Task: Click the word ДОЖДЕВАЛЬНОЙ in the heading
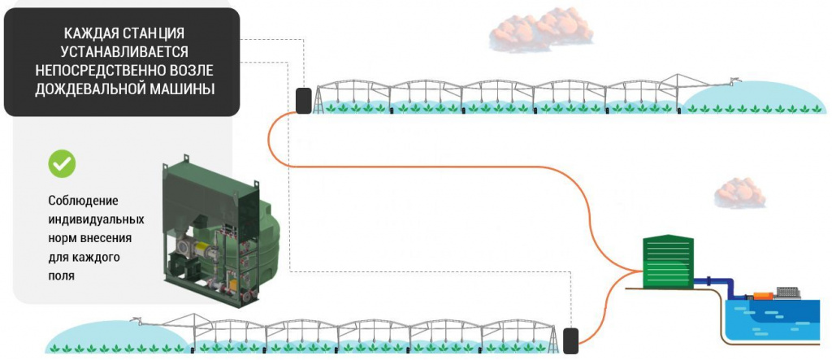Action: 98,88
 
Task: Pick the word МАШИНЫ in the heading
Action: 188,88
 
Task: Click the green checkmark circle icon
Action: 62,163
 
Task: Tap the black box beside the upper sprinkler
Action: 305,100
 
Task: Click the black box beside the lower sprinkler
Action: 570,340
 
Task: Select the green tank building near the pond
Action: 668,261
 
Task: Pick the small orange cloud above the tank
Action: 739,192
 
